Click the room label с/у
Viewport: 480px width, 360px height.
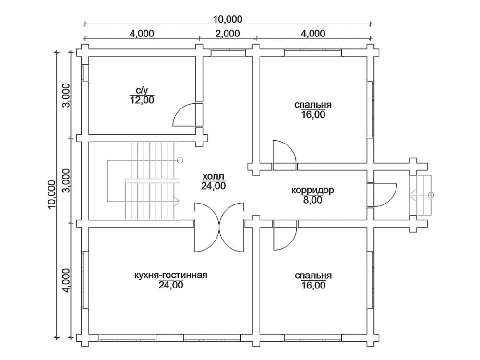click(142, 91)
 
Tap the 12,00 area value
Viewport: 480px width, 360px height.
click(142, 100)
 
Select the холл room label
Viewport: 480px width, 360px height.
click(214, 176)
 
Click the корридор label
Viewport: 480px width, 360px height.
click(312, 191)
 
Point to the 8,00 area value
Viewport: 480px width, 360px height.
click(313, 200)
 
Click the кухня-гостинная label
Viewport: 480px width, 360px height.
click(171, 275)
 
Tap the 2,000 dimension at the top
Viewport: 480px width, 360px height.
click(228, 33)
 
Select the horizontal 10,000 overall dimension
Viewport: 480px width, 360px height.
click(228, 19)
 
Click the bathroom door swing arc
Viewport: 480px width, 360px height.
click(184, 115)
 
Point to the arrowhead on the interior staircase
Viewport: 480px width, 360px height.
click(177, 201)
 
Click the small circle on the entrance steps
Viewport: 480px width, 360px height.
click(432, 195)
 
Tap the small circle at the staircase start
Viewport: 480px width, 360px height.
click(180, 160)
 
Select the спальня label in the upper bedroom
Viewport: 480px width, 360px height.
click(313, 105)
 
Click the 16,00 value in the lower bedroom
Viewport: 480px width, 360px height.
click(313, 286)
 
